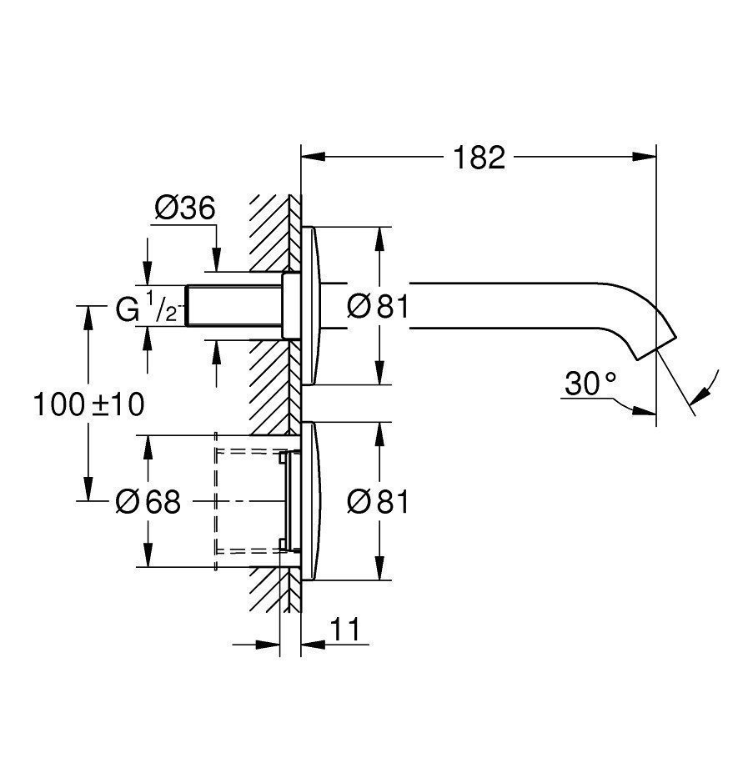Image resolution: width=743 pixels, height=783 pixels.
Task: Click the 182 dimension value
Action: (x=479, y=157)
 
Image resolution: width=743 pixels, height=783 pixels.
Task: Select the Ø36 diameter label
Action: (x=184, y=208)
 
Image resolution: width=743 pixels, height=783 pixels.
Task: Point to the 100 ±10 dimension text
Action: (x=88, y=405)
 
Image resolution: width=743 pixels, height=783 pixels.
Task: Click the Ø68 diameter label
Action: (x=148, y=502)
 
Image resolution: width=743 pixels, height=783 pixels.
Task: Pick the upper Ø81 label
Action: (x=378, y=308)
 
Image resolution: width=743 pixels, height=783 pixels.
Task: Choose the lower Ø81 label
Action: (x=378, y=502)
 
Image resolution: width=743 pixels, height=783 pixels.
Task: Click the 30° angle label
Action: (x=590, y=384)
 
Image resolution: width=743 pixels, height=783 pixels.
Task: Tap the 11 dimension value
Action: (x=349, y=630)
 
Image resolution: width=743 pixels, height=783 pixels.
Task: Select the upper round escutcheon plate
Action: (x=309, y=306)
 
